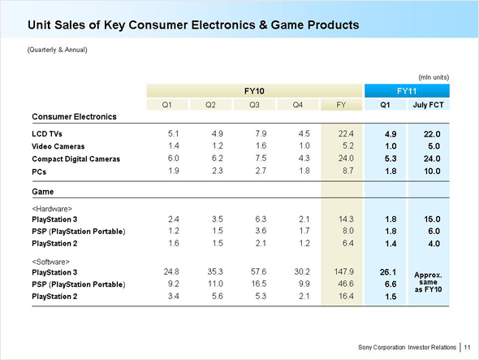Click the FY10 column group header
tap(254, 91)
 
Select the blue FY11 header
tap(407, 91)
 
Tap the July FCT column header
tap(428, 105)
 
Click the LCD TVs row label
tap(47, 134)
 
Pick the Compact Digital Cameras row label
tap(76, 159)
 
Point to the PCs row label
tap(39, 172)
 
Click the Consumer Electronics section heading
tap(74, 116)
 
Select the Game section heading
tap(43, 192)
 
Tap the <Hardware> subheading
tap(52, 209)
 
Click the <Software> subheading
tap(50, 262)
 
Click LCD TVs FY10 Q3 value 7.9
tap(261, 133)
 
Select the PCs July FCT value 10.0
tap(432, 171)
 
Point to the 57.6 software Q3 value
tap(259, 271)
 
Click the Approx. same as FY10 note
tap(428, 282)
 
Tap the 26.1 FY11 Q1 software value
tap(388, 272)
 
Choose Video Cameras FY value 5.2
tap(348, 146)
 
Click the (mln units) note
tap(434, 77)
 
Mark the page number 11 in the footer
tap(467, 347)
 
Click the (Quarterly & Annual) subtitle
tap(57, 50)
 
